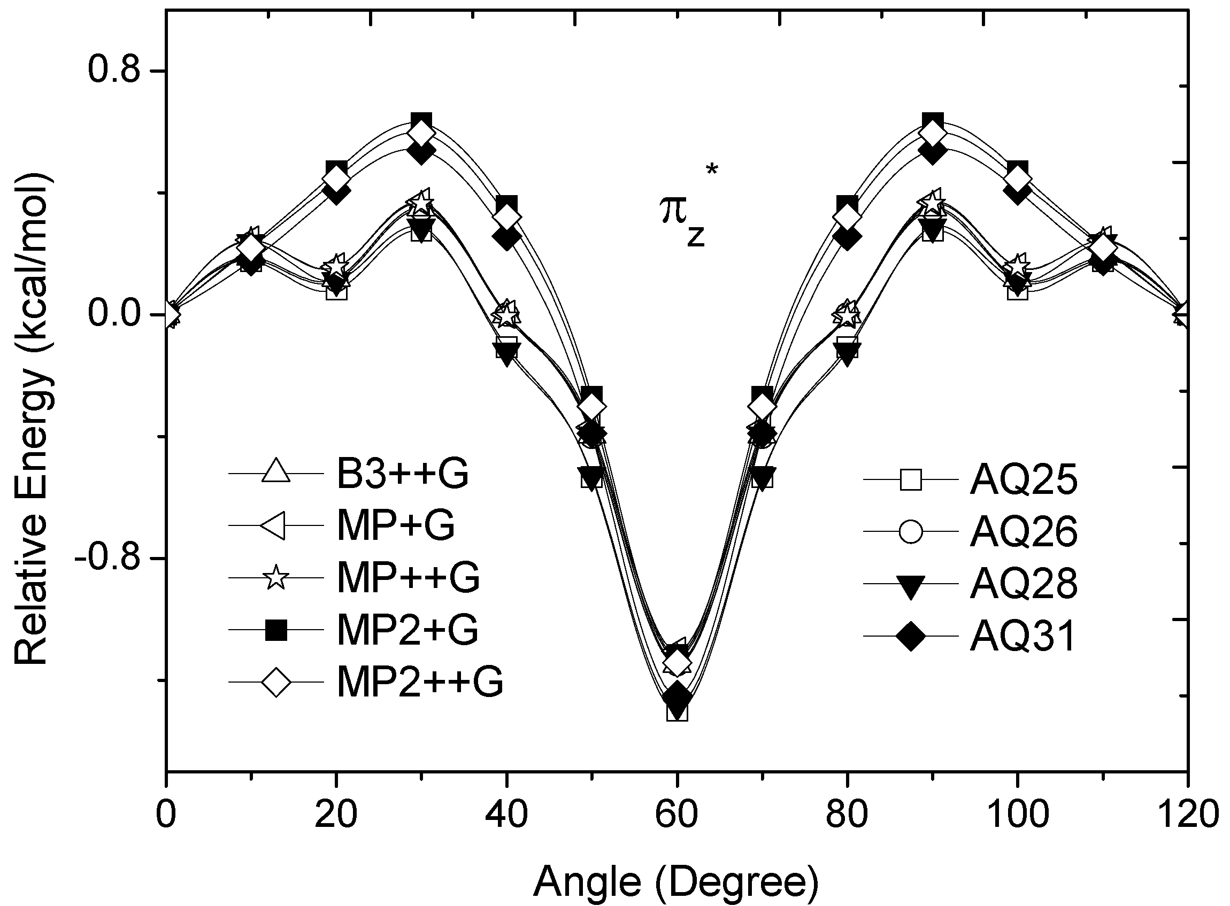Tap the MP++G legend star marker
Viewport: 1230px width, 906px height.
coord(276,578)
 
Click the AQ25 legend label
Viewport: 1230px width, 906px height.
coord(1024,481)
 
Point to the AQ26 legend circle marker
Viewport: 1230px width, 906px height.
coord(911,532)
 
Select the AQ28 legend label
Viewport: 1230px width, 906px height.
coord(1024,584)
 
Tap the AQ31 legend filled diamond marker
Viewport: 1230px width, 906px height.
coord(911,636)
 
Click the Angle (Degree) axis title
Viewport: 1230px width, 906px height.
coord(676,881)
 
